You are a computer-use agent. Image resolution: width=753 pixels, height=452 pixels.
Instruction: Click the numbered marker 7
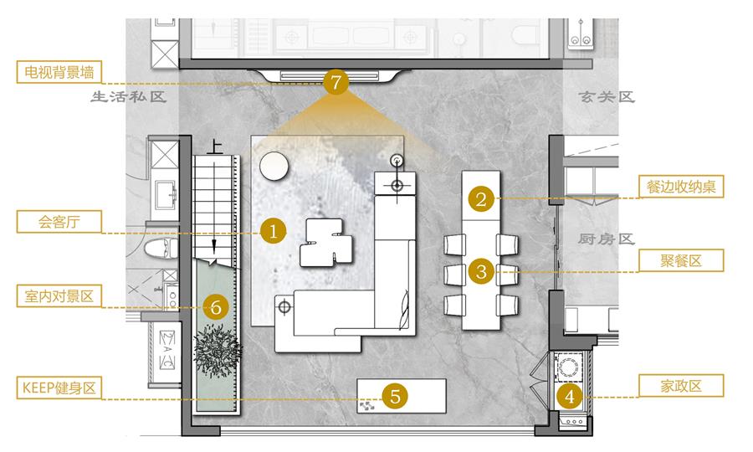coord(336,82)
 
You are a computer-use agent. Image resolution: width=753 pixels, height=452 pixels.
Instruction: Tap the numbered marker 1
coord(274,232)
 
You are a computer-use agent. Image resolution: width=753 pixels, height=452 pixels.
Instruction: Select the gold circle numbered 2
coord(481,199)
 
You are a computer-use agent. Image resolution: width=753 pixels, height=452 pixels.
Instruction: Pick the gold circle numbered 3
coord(481,272)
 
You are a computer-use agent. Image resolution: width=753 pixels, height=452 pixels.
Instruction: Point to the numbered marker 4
coord(570,396)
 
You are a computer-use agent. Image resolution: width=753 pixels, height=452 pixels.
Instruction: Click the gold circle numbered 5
coord(395,396)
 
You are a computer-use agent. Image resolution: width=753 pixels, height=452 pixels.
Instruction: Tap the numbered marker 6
coord(216,307)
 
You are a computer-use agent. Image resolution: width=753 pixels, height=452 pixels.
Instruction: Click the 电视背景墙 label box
coord(59,72)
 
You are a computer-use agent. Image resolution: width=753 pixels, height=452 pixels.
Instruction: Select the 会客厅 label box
coord(59,222)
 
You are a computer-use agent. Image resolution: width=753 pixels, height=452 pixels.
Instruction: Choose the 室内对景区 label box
coord(59,295)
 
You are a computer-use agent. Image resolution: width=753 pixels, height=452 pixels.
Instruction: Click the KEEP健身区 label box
coord(59,388)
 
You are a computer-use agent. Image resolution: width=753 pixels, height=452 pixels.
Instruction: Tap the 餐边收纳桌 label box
coord(681,187)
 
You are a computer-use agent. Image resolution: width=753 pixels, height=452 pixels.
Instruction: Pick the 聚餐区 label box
coord(681,261)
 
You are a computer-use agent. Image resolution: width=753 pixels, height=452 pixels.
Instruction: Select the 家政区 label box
coord(681,386)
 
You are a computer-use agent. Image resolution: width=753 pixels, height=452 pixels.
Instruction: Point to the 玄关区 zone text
coord(607,97)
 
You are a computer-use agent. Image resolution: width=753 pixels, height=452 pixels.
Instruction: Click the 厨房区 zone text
coord(607,239)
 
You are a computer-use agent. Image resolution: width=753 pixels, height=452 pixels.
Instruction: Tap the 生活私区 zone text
coord(129,96)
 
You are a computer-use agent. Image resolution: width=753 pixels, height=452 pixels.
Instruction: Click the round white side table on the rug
coord(274,167)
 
